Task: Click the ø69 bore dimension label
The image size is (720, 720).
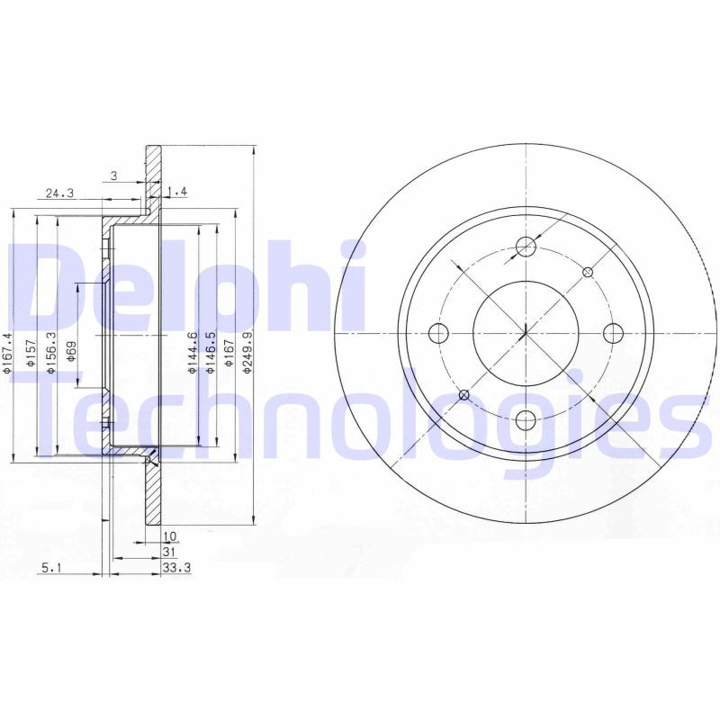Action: [72, 351]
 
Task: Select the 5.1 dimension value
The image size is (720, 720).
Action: [50, 567]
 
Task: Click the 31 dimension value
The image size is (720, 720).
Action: [168, 552]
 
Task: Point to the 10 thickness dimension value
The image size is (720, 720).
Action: [169, 536]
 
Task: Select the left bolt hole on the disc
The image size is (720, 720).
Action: [438, 333]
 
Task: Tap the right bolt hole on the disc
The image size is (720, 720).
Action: [613, 333]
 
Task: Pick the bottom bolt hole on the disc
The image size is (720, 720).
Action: [526, 419]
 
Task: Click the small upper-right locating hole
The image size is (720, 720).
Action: [588, 271]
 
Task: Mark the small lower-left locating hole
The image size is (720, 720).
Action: [464, 395]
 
